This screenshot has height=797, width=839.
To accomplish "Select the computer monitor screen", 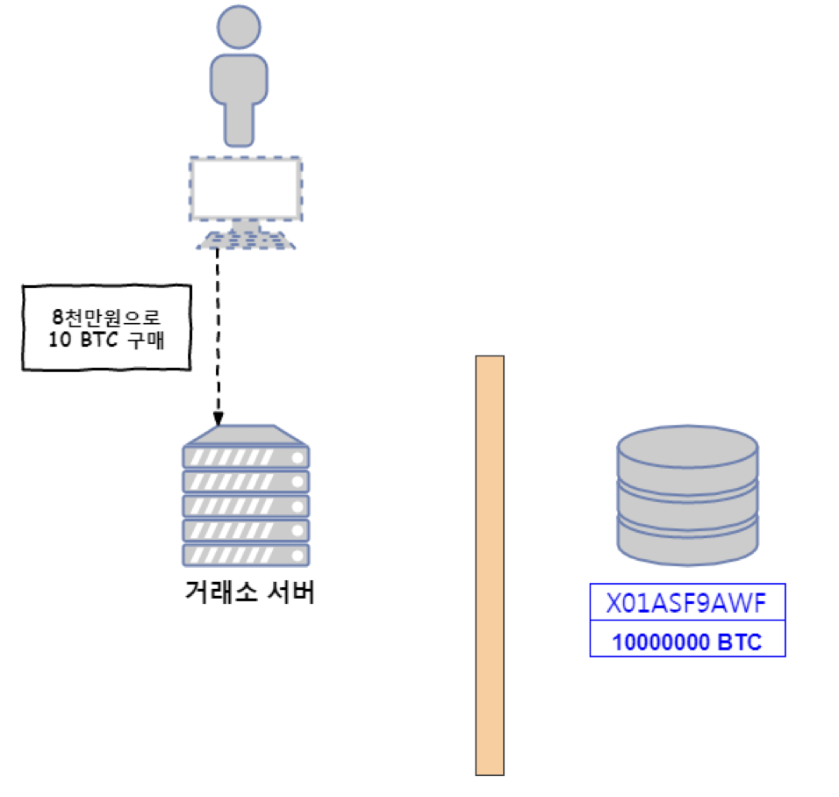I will pyautogui.click(x=246, y=189).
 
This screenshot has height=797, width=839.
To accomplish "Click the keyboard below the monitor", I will pyautogui.click(x=246, y=240).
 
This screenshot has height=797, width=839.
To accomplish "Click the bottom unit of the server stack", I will pyautogui.click(x=246, y=554).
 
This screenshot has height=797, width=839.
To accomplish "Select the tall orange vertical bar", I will pyautogui.click(x=490, y=565).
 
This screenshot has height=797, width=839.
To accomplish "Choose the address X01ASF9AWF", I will pyautogui.click(x=687, y=603).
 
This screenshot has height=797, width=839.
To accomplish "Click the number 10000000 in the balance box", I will pyautogui.click(x=661, y=642).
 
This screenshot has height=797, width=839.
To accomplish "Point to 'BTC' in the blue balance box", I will pyautogui.click(x=739, y=642).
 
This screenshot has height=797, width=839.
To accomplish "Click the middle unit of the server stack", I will pyautogui.click(x=246, y=506).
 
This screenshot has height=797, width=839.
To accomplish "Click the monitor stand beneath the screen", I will pyautogui.click(x=246, y=226).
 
